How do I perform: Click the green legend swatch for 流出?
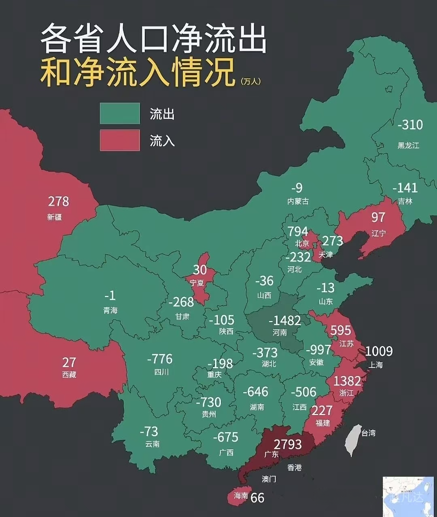click(120, 113)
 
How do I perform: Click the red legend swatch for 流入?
click(120, 140)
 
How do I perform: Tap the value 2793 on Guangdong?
click(288, 444)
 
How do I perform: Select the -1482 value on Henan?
click(285, 321)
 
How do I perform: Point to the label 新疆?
click(55, 217)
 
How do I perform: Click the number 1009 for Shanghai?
click(379, 351)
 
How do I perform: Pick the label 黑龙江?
click(408, 146)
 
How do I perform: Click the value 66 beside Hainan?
click(257, 498)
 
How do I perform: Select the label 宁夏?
click(197, 283)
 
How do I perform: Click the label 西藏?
click(69, 375)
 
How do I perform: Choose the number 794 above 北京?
click(297, 231)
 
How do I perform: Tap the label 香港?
click(294, 467)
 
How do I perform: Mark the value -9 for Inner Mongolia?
click(297, 188)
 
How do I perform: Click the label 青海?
click(110, 310)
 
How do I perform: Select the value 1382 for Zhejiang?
click(347, 381)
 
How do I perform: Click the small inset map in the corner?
click(408, 496)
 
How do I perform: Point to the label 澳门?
click(269, 479)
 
